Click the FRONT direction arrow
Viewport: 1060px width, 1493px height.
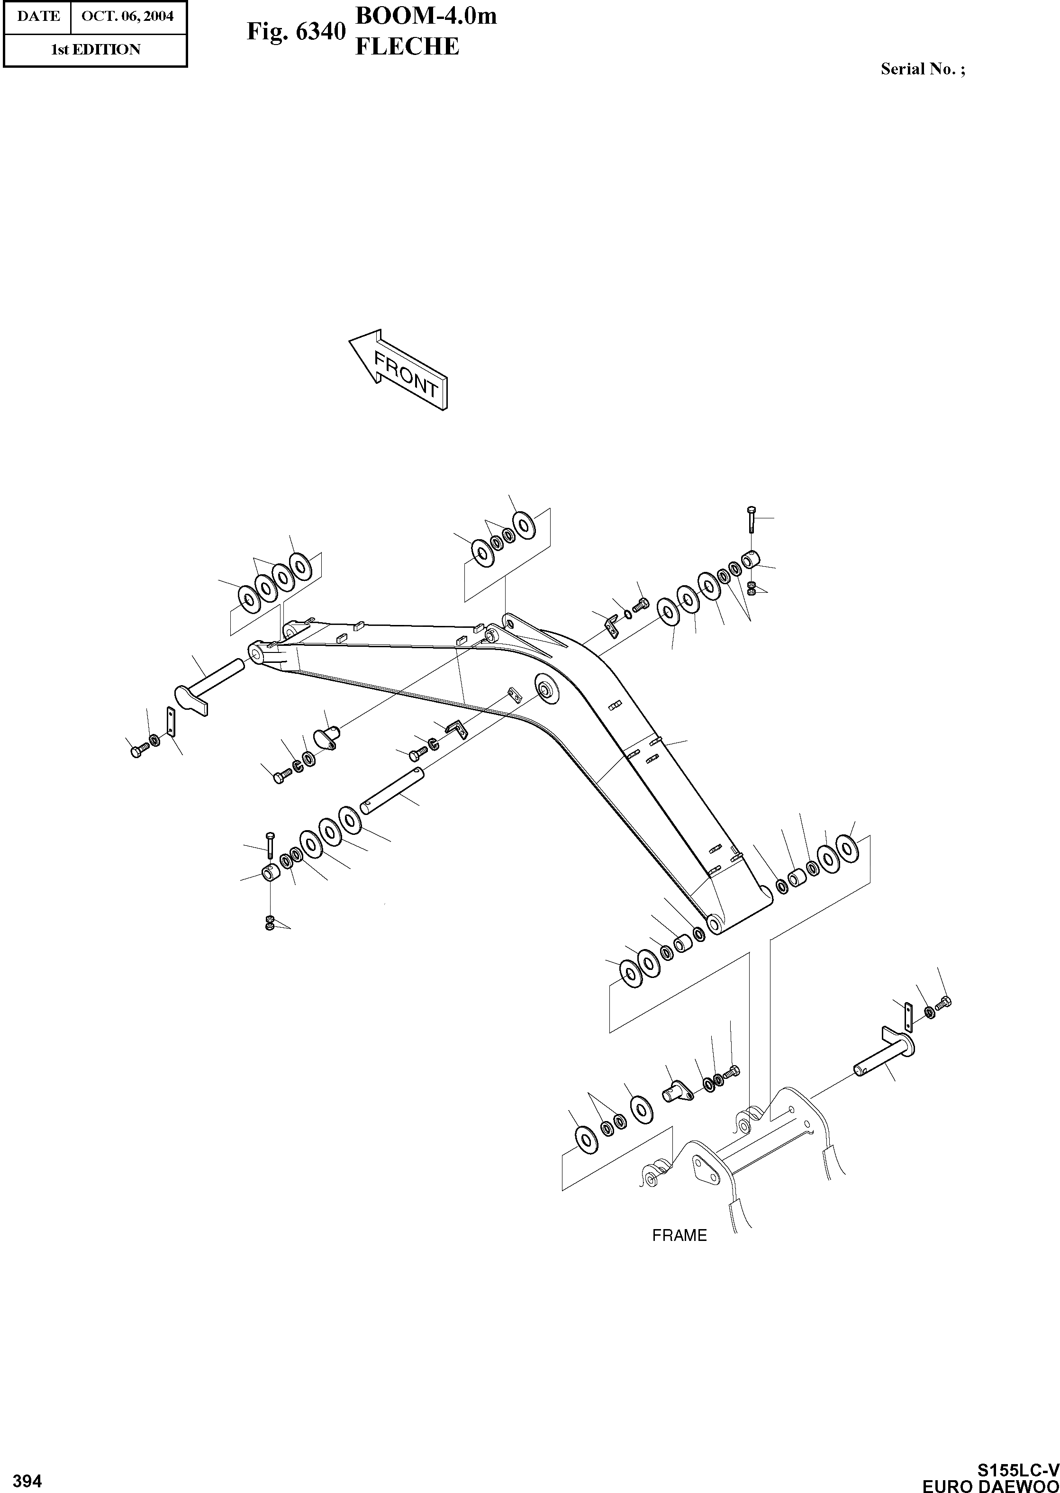point(398,371)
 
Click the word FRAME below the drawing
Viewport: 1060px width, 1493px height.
point(679,1235)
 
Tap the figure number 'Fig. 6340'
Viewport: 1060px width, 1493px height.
point(295,32)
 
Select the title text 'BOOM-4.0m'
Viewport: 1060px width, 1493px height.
point(426,16)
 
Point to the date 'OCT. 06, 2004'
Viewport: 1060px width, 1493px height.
point(127,16)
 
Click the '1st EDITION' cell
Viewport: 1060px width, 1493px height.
point(95,50)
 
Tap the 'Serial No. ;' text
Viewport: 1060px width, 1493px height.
point(922,69)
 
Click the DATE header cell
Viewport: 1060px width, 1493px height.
point(38,16)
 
